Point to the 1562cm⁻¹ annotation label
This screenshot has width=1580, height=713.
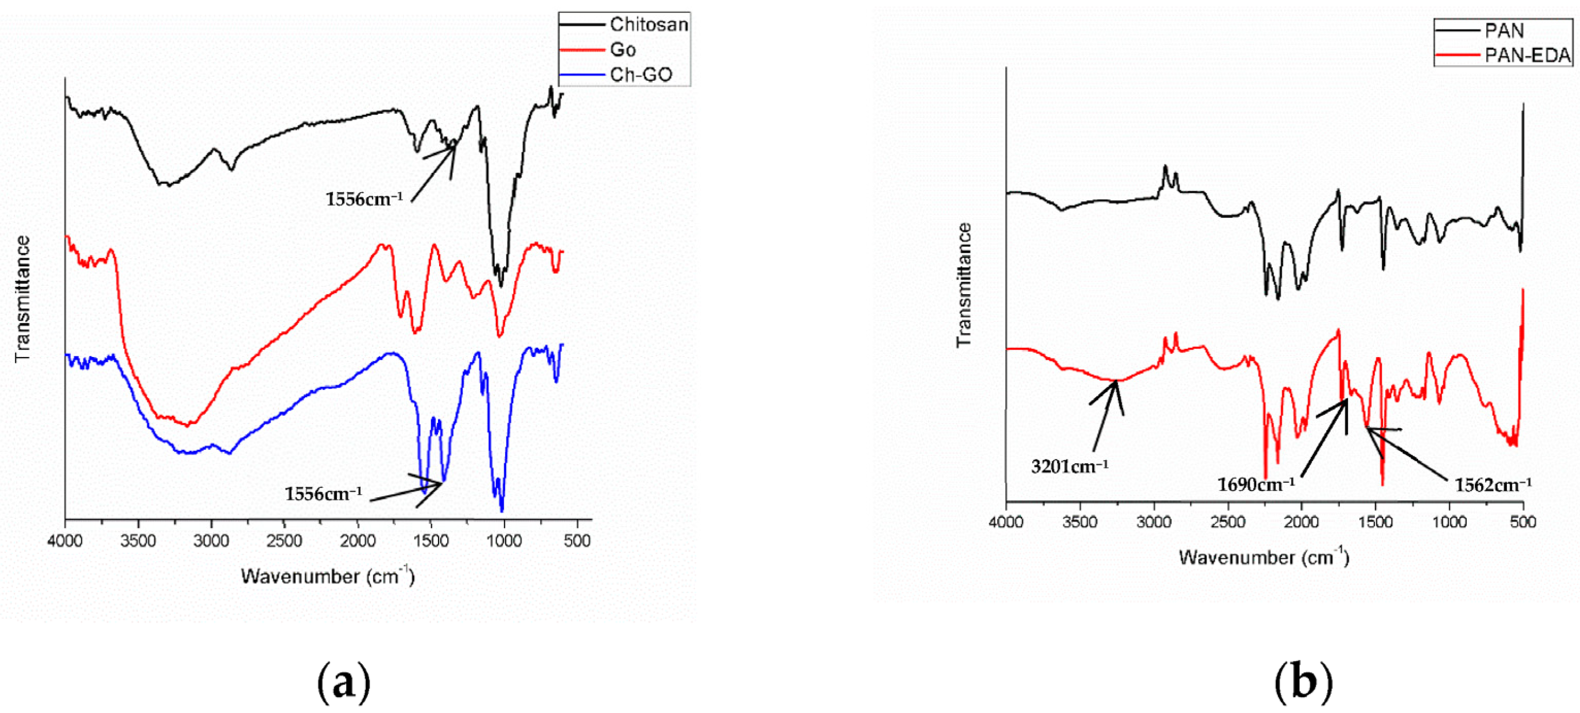click(1493, 484)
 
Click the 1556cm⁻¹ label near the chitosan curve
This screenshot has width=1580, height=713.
click(364, 199)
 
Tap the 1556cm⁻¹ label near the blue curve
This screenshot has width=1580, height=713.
click(323, 494)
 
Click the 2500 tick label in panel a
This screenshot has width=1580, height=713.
click(284, 541)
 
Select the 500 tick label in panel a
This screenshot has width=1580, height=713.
click(577, 541)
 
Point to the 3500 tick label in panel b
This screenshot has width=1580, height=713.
click(1080, 522)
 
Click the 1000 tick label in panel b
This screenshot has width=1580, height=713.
click(1449, 522)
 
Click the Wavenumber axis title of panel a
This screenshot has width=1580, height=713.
click(328, 576)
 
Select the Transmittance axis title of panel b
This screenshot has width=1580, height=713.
click(964, 285)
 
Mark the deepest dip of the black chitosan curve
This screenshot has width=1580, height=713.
click(501, 286)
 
